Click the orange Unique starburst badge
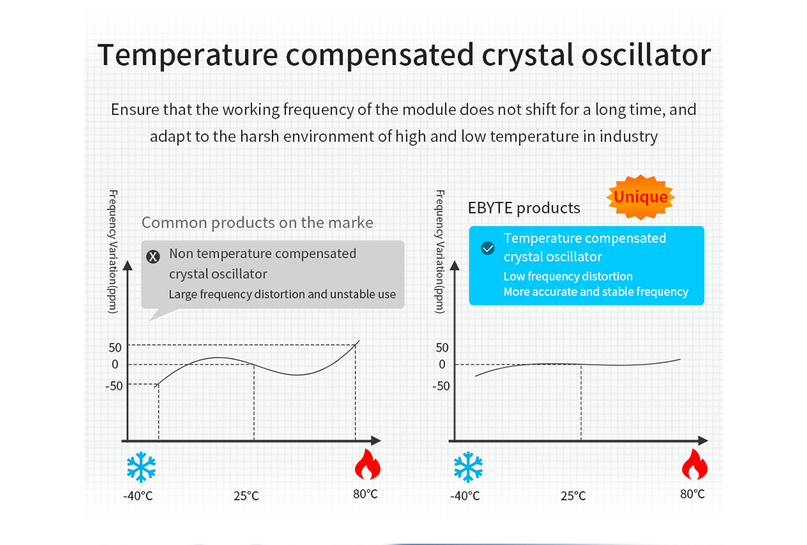641,197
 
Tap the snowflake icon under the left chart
141,468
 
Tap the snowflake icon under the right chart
468,468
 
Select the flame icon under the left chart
367,464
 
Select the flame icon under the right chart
693,464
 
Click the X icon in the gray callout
154,256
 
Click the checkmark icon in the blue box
488,248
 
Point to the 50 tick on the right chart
442,348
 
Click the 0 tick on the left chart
115,365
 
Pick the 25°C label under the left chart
246,496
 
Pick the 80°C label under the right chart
692,494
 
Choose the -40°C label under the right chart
465,496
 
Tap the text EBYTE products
524,208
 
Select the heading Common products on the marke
257,223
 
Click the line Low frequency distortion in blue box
568,277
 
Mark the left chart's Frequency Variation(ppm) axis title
112,252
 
